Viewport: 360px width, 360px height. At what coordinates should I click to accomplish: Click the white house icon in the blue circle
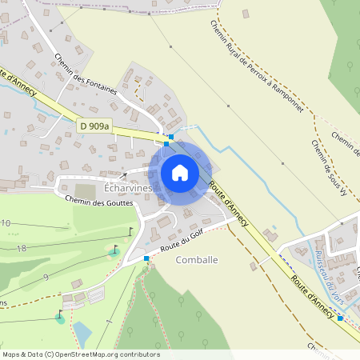coord(180,172)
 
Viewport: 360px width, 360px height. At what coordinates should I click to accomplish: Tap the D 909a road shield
coord(94,126)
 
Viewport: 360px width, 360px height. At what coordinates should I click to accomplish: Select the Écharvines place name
coord(128,187)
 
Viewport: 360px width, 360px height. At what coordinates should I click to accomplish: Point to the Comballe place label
coord(196,260)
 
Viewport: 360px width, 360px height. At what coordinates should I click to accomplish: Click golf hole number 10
coord(6,223)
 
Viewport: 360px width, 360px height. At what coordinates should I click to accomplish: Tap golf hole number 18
coord(22,249)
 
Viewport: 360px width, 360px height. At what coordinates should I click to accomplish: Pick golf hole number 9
coord(46,277)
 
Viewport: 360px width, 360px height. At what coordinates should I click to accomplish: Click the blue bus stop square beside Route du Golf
coord(146,258)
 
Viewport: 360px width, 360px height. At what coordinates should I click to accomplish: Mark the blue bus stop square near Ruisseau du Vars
coord(341,318)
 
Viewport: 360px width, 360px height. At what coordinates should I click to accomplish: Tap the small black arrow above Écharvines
coord(123,174)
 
